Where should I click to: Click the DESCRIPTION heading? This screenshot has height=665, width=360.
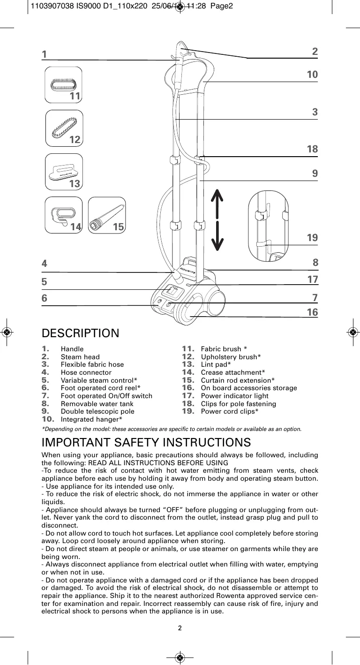pos(80,333)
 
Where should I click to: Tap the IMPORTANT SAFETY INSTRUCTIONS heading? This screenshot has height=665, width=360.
pos(146,442)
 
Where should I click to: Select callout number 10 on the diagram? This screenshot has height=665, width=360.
pos(312,75)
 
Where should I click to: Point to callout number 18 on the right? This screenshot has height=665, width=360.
pos(312,149)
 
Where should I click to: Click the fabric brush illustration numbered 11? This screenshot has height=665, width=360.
pos(64,85)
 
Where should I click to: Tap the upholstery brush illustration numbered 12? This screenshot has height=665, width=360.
pos(64,128)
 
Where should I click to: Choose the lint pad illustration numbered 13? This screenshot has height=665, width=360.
pos(64,172)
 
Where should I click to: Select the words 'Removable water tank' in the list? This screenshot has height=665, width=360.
pos(97,404)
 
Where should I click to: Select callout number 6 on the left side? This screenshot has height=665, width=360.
pos(45,298)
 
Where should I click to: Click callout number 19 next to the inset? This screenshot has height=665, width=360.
pos(312,238)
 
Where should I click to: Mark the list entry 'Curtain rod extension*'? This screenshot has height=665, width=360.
pos(238,380)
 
